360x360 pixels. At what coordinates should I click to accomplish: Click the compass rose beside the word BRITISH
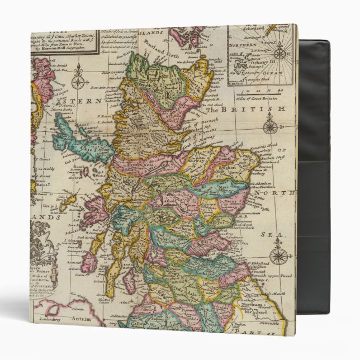[270, 125]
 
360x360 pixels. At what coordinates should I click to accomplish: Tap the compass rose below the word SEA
[278, 256]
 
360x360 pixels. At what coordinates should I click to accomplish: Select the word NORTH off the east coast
[274, 193]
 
